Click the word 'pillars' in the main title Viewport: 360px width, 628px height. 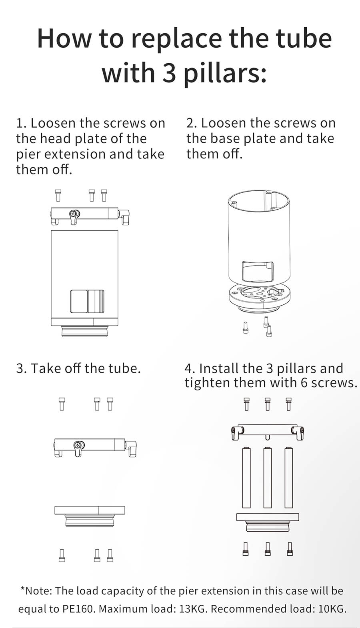pyautogui.click(x=224, y=74)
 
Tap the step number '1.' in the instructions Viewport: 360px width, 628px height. pyautogui.click(x=21, y=123)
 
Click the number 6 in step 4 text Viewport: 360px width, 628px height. pyautogui.click(x=304, y=383)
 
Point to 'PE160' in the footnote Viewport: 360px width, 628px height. pyautogui.click(x=78, y=609)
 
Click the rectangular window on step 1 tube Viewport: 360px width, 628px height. pyautogui.click(x=87, y=301)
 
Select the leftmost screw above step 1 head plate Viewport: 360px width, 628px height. pyautogui.click(x=58, y=195)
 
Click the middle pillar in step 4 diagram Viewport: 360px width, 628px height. pyautogui.click(x=268, y=478)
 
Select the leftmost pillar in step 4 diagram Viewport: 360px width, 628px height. pyautogui.click(x=246, y=478)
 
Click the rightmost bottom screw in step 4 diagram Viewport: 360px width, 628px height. pyautogui.click(x=290, y=548)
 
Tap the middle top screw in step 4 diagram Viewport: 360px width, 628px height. pyautogui.click(x=268, y=404)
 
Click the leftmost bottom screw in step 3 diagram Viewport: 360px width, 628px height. pyautogui.click(x=62, y=555)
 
